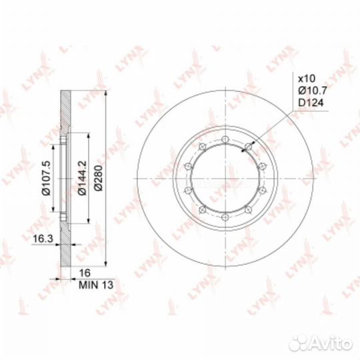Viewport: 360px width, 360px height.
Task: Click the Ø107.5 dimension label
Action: [46, 177]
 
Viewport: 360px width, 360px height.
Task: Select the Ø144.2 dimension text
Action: [82, 177]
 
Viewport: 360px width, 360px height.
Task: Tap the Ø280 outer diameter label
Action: [99, 177]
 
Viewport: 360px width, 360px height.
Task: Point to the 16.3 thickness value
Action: [43, 239]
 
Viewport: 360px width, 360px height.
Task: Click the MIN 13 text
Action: [96, 285]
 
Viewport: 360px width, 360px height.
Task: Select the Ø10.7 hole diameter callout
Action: [313, 91]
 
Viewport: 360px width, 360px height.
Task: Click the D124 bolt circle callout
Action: [311, 103]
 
